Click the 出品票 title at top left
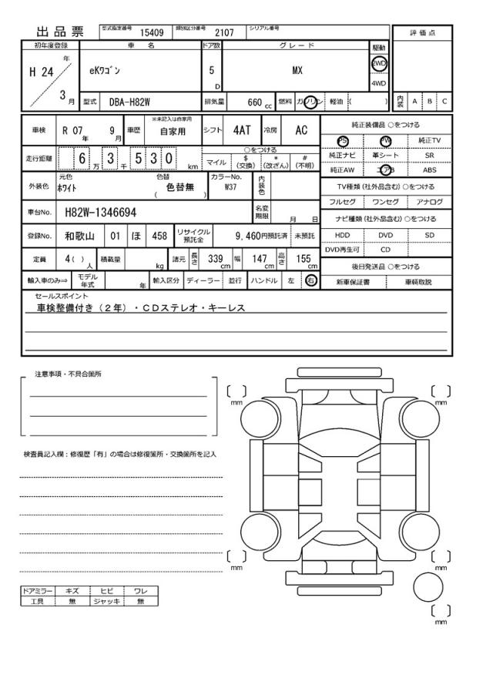point(61,32)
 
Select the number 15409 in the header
point(151,32)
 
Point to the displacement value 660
point(254,101)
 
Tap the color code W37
point(230,186)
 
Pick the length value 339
point(216,259)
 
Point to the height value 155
point(303,259)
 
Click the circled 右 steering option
point(311,280)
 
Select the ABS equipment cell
point(429,170)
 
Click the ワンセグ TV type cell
point(385,202)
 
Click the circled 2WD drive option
point(379,64)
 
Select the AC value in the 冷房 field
point(301,130)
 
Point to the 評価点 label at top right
point(421,32)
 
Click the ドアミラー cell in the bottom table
point(38,591)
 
